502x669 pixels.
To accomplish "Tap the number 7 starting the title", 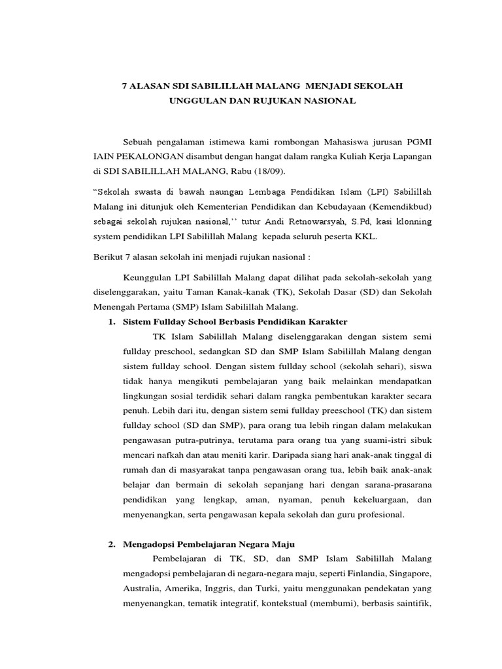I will point(126,86).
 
